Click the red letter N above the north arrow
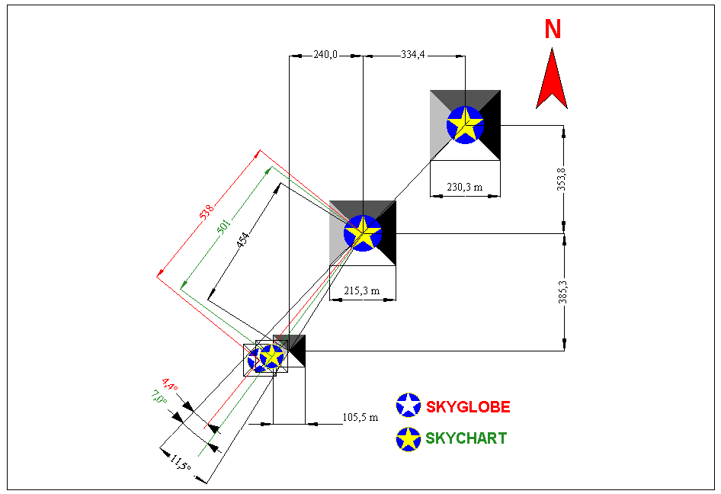[553, 29]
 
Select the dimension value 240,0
[325, 55]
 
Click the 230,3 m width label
[465, 185]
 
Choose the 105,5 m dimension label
[360, 418]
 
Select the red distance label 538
[207, 213]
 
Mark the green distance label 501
[224, 227]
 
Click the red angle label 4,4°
[169, 385]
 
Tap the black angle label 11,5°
[180, 462]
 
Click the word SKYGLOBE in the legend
[468, 406]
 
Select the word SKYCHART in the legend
[466, 438]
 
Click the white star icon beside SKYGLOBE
[409, 406]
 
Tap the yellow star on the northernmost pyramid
[465, 124]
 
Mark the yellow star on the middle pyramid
[363, 233]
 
